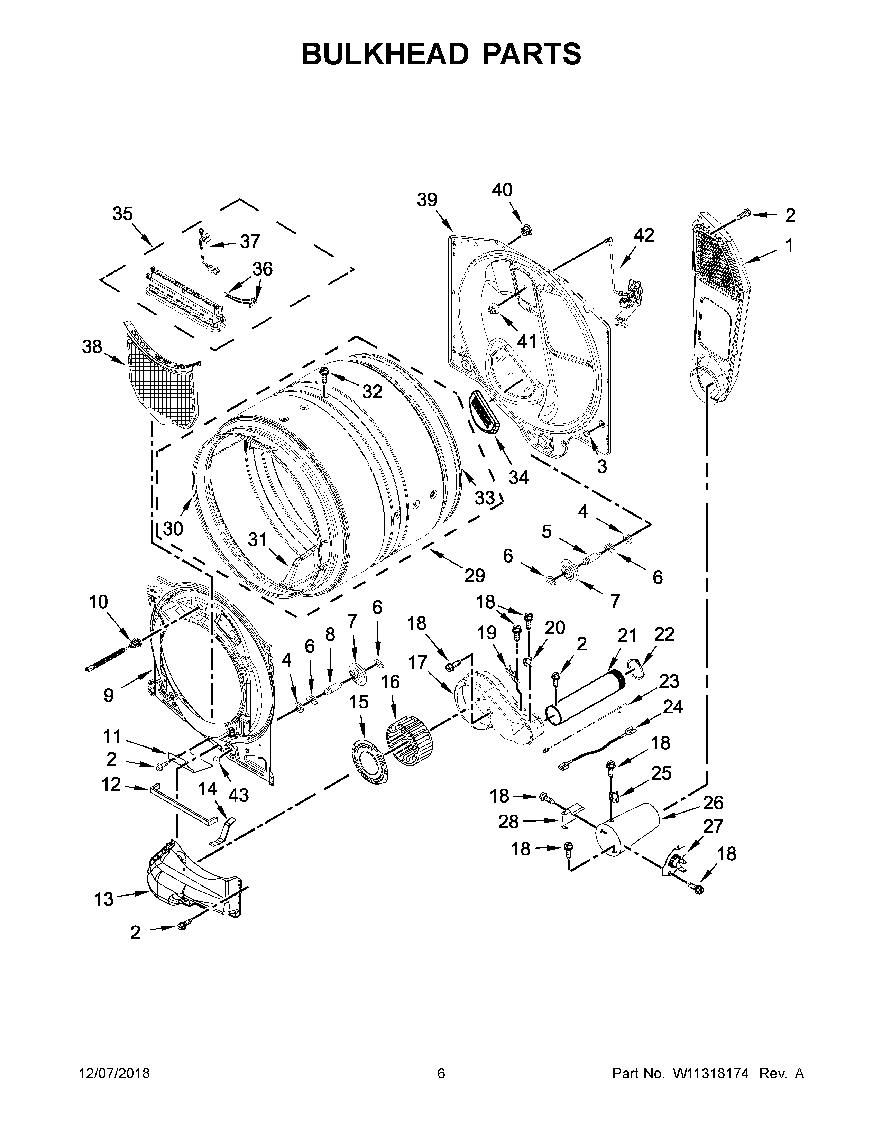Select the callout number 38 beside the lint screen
(x=92, y=346)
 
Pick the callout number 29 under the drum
(x=475, y=575)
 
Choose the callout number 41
(x=527, y=341)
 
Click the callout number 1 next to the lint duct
(x=789, y=245)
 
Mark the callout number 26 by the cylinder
(x=713, y=802)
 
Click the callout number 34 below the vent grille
(x=518, y=477)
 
